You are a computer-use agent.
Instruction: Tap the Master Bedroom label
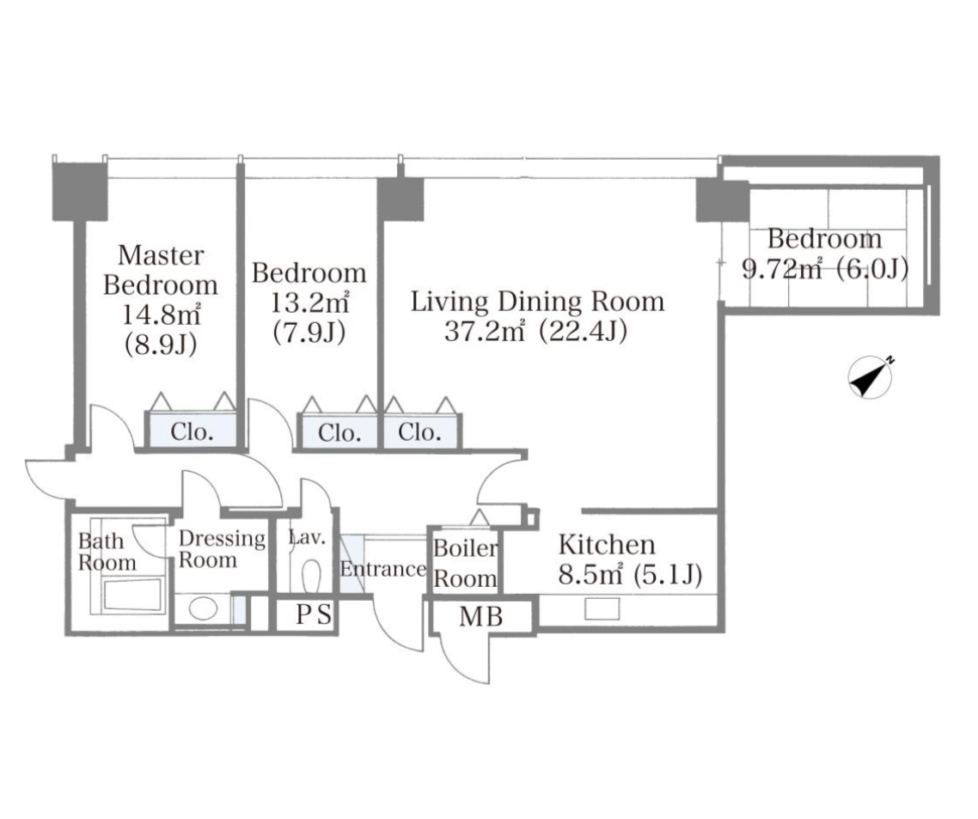pos(161,270)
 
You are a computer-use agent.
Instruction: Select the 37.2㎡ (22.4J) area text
pos(535,332)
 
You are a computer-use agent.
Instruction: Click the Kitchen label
pos(606,545)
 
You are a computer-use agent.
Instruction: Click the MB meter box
pos(481,617)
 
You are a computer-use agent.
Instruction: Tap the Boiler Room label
pos(466,563)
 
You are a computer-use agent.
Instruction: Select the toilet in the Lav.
pos(310,573)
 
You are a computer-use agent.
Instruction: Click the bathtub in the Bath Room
pos(132,596)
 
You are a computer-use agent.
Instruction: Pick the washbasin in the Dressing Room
pos(203,608)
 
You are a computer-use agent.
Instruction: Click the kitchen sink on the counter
pos(602,608)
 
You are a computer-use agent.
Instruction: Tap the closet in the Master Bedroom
pos(191,430)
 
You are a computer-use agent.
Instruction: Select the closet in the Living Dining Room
pos(421,431)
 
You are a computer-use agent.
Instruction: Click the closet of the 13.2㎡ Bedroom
pos(339,431)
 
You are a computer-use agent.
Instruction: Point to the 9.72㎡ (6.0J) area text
pos(824,270)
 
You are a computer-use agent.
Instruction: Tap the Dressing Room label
pos(222,549)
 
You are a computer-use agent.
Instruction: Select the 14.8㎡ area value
pos(161,315)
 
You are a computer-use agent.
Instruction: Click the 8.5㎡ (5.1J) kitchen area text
pos(630,574)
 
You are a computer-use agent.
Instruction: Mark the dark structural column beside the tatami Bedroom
pos(722,200)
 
